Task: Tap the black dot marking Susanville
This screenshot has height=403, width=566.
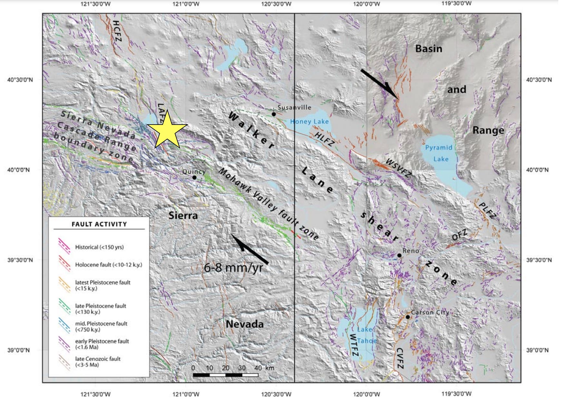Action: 274,114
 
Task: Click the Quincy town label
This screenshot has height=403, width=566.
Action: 194,172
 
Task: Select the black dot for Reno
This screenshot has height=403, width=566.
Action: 399,255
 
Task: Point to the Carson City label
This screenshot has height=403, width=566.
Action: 430,312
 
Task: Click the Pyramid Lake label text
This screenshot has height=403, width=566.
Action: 439,153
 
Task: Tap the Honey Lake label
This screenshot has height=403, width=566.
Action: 309,121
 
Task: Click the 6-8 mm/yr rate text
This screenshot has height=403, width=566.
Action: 233,267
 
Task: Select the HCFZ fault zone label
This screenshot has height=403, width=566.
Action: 116,31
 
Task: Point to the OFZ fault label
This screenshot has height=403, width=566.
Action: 459,235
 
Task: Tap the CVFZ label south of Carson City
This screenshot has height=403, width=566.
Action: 399,358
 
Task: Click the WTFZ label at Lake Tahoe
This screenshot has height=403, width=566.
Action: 354,345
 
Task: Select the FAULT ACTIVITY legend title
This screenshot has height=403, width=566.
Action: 99,224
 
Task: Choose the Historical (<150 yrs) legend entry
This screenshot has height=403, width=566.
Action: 99,247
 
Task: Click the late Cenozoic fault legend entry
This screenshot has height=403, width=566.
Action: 98,362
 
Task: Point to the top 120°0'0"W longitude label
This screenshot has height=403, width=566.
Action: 366,4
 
